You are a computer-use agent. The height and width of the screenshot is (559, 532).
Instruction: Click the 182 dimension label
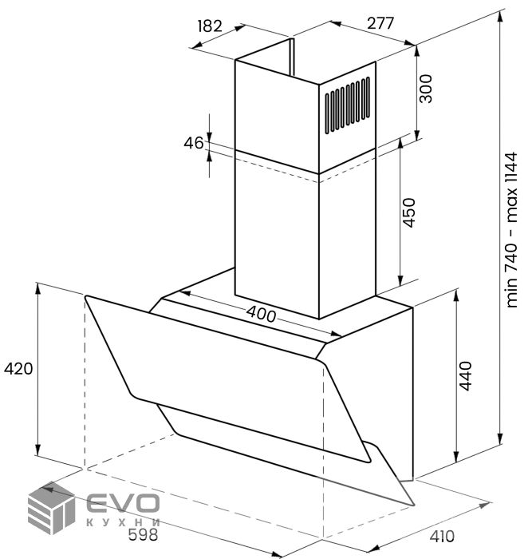[210, 26]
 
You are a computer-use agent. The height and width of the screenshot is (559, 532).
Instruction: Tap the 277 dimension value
[380, 23]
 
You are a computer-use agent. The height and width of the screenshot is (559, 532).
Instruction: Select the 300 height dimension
[425, 89]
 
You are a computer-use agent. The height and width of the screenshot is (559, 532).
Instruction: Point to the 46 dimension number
[194, 143]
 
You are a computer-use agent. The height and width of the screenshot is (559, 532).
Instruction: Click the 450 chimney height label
[409, 213]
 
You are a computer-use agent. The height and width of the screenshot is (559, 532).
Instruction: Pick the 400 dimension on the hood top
[261, 315]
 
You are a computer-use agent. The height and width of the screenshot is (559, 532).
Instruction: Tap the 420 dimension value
[18, 369]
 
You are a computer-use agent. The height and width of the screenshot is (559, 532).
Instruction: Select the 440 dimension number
[465, 376]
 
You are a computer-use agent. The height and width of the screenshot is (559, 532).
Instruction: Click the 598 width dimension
[143, 534]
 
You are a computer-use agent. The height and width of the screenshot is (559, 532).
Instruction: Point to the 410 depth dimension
[442, 536]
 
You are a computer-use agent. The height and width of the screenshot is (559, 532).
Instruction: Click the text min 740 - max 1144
[511, 230]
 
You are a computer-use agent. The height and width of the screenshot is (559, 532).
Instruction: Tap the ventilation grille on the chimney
[347, 105]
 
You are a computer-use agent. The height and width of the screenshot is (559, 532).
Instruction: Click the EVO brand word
[123, 503]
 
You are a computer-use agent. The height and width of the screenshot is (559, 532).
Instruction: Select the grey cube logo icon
[52, 508]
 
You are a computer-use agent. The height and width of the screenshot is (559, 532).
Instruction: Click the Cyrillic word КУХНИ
[123, 522]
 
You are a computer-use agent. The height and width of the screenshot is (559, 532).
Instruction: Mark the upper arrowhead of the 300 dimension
[416, 50]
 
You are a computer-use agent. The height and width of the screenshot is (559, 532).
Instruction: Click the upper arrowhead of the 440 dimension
[456, 295]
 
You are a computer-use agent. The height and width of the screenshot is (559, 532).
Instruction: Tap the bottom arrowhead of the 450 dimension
[400, 280]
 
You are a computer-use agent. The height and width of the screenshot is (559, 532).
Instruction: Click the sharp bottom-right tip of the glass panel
[414, 505]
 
